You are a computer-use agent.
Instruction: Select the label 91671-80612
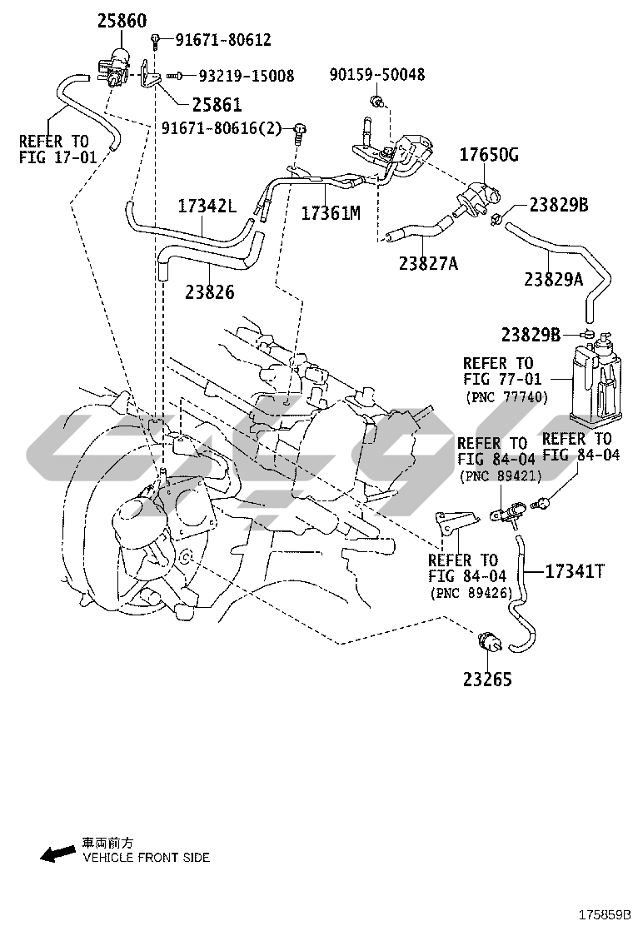[x=222, y=39]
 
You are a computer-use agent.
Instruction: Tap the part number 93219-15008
[x=246, y=76]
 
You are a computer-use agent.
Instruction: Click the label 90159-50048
[x=377, y=75]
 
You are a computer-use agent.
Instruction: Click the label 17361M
[x=330, y=212]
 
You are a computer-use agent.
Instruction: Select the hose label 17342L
[x=207, y=205]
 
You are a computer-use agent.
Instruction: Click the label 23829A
[x=553, y=279]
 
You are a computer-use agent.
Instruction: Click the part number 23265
[x=488, y=680]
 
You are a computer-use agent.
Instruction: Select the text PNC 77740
[x=506, y=397]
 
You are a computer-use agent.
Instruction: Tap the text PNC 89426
[x=472, y=593]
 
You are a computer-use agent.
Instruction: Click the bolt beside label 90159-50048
[x=376, y=102]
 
